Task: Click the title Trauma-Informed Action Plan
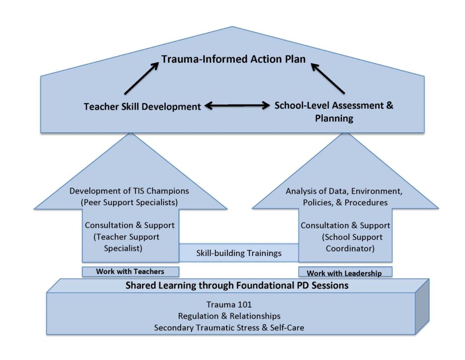click(x=233, y=59)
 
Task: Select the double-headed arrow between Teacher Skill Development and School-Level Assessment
click(x=237, y=105)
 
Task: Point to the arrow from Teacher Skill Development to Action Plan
click(x=142, y=78)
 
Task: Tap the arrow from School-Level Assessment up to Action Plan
click(x=328, y=78)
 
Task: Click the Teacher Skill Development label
click(x=142, y=106)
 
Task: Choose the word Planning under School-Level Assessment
click(x=334, y=119)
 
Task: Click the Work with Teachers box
click(x=130, y=271)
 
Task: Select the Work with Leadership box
click(x=345, y=272)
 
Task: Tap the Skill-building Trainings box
click(x=239, y=253)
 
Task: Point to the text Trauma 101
click(x=229, y=305)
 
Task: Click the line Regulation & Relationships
click(x=229, y=316)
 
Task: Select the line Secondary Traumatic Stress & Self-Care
click(x=229, y=328)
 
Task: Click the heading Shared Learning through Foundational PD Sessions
click(x=237, y=285)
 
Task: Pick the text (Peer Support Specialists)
click(x=129, y=202)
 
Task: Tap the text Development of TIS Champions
click(x=129, y=191)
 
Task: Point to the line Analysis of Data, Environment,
click(x=344, y=191)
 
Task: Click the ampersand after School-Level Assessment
click(x=389, y=105)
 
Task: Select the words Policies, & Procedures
click(x=345, y=203)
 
